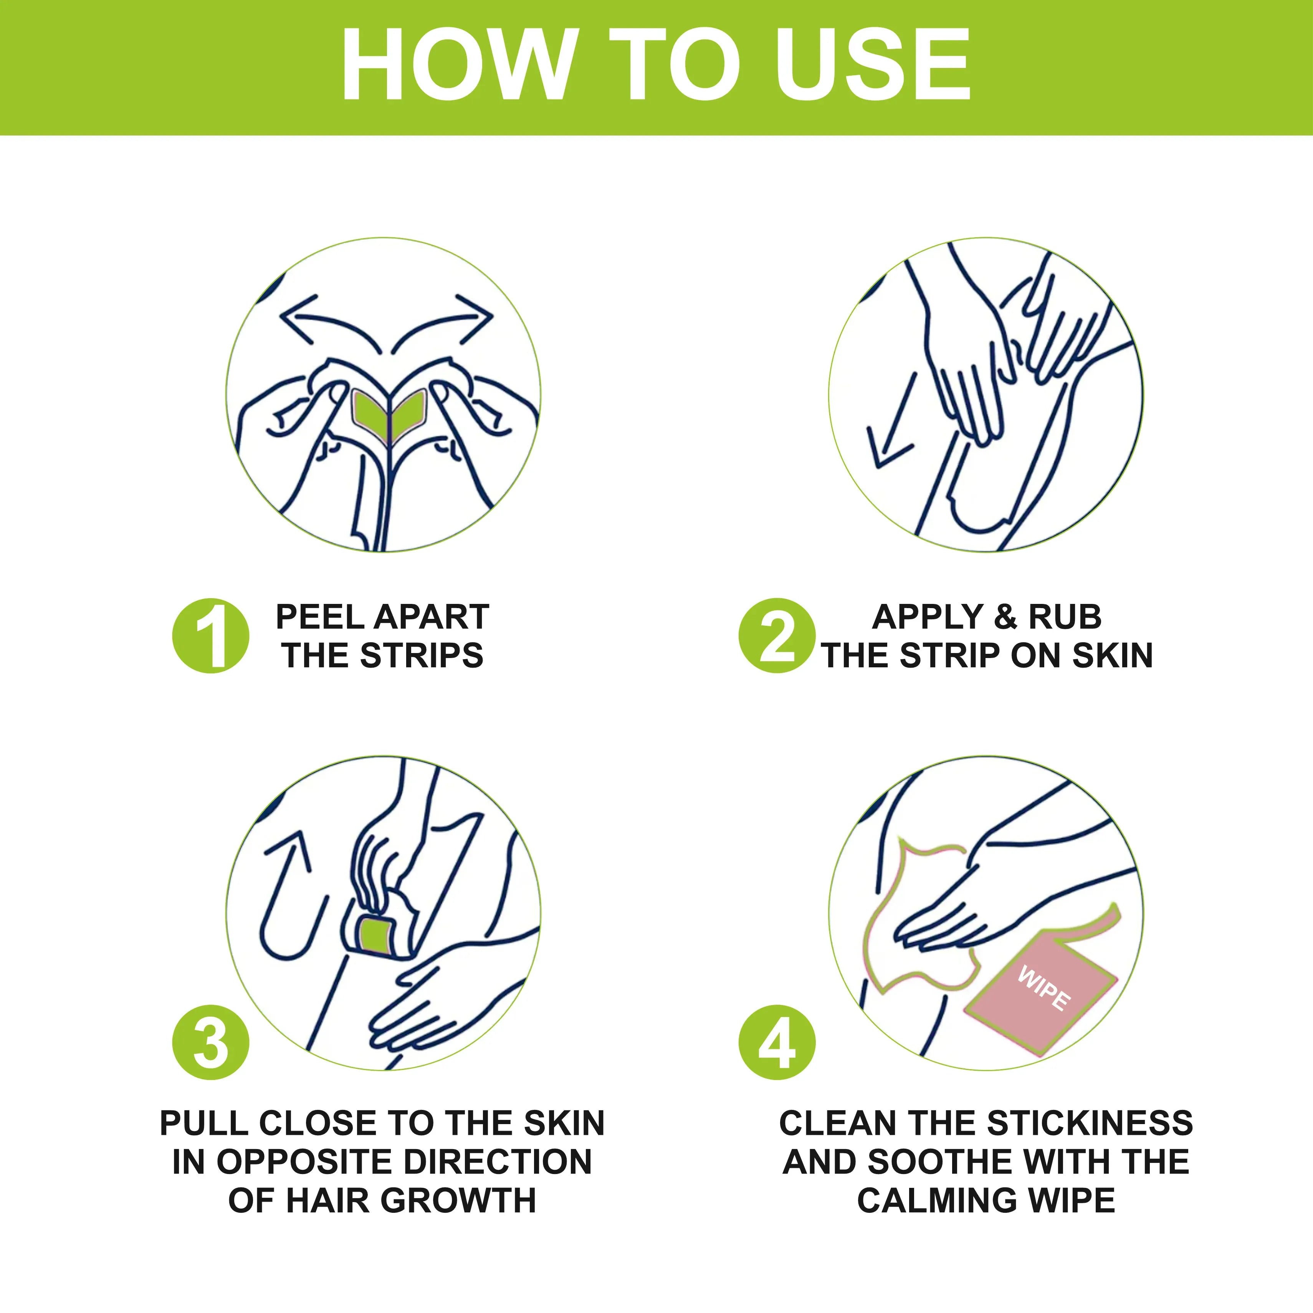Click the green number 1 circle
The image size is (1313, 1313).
(211, 635)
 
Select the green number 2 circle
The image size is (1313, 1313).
(777, 635)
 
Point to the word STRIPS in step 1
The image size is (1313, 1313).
(422, 656)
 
